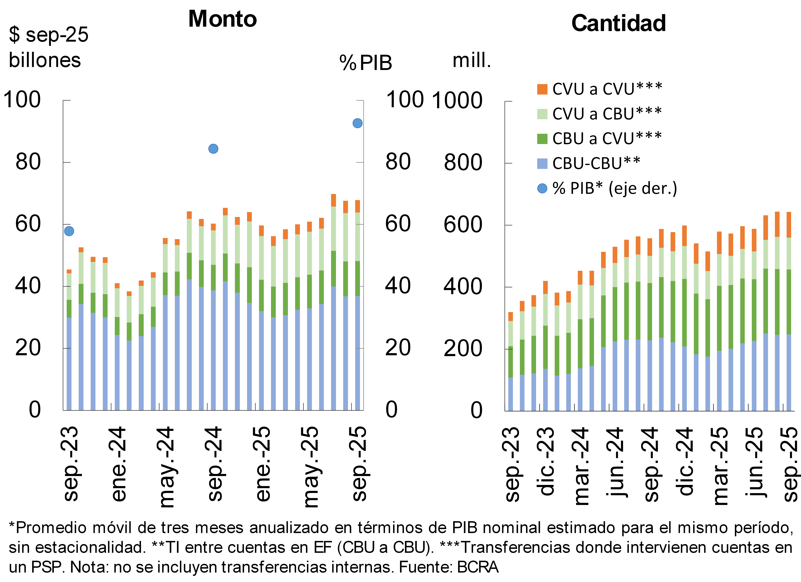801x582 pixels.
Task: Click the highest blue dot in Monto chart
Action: [x=357, y=123]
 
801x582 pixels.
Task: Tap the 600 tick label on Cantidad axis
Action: [x=463, y=225]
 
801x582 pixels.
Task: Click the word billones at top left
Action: [x=45, y=60]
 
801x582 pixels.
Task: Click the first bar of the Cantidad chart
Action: [x=510, y=364]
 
